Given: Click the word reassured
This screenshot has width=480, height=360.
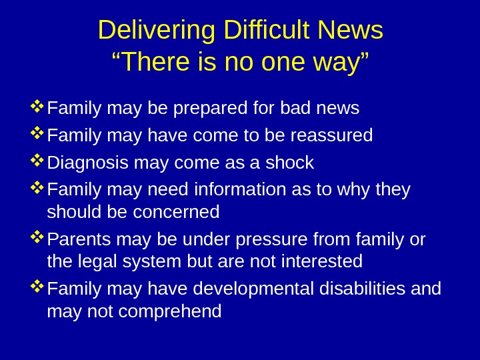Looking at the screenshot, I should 329,136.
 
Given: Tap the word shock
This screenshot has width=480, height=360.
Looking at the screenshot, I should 289,163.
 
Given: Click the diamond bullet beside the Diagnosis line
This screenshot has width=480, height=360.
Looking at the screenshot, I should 37,160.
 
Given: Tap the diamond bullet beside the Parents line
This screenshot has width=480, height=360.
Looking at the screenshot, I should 37,236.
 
